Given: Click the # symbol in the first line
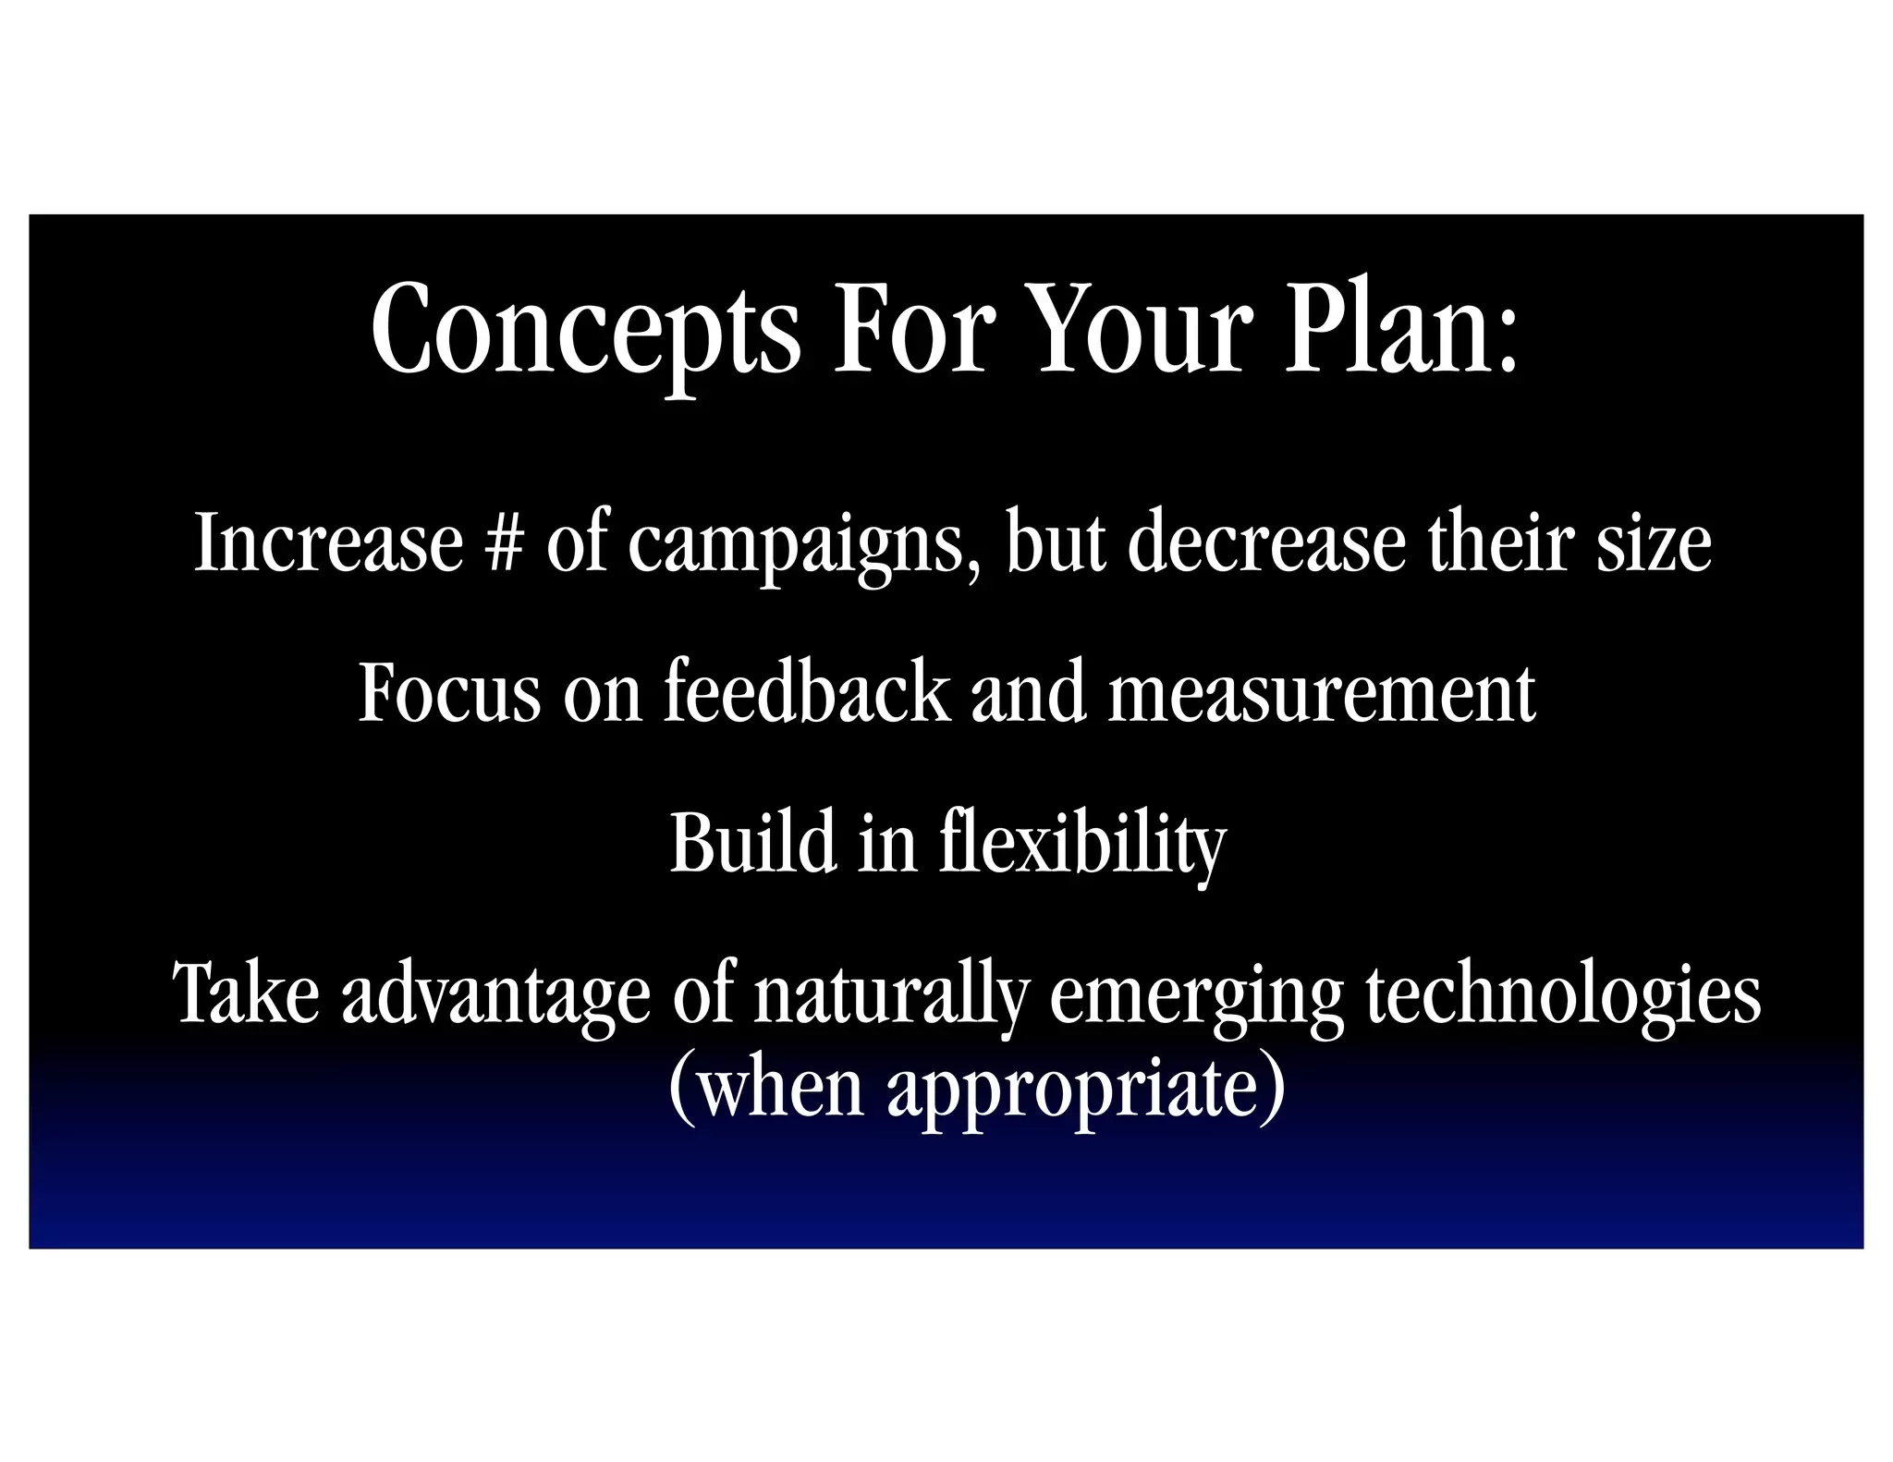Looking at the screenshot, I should (504, 543).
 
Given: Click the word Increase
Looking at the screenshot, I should (328, 543).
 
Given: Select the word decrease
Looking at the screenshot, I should (1265, 543).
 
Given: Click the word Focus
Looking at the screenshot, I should (449, 693).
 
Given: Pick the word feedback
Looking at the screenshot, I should (806, 693).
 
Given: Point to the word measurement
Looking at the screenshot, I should (1321, 693).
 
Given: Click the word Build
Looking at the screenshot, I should (752, 843).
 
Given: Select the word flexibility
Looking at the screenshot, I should (1082, 845).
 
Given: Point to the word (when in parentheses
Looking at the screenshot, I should (765, 1089).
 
